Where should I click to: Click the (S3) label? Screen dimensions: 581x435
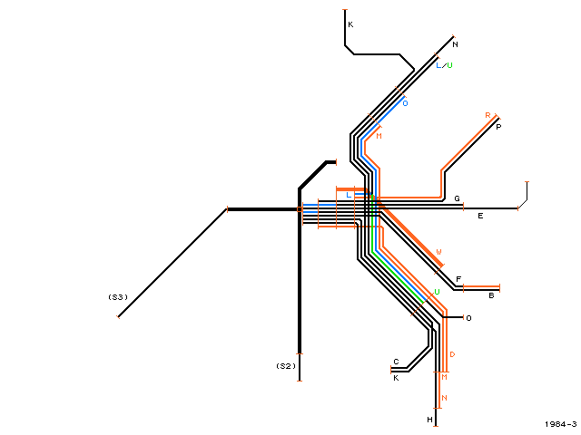[118, 297]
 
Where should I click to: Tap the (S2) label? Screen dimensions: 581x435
[286, 366]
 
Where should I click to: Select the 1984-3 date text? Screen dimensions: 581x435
[561, 424]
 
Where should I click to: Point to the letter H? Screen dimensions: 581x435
[429, 420]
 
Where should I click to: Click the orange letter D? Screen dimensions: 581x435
[452, 354]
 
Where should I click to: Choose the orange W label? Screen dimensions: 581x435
[438, 252]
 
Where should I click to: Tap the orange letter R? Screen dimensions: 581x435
[487, 115]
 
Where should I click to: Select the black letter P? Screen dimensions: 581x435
[498, 127]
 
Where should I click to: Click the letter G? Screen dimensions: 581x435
[458, 198]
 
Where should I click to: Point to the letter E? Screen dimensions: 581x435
[480, 216]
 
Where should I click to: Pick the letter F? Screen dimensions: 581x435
[458, 279]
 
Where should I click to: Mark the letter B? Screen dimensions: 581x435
[491, 295]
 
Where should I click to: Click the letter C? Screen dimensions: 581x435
[396, 362]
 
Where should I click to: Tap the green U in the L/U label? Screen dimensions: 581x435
[449, 65]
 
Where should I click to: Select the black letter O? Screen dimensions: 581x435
[468, 318]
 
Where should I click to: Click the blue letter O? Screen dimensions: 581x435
[405, 103]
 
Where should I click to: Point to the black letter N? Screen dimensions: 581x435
[455, 44]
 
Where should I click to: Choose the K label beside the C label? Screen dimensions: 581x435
[396, 378]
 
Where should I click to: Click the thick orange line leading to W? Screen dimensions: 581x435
[410, 237]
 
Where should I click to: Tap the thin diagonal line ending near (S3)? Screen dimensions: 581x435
[172, 263]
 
